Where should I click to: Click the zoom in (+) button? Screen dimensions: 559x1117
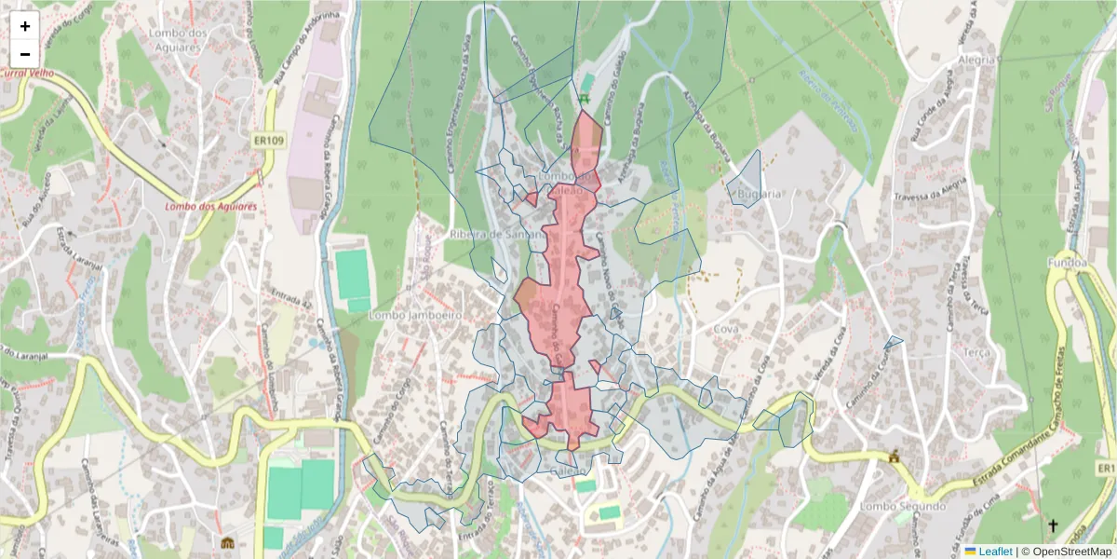coord(25,26)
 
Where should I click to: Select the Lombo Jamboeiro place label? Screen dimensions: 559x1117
coord(416,316)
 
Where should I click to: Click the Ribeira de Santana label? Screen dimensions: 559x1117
coord(498,235)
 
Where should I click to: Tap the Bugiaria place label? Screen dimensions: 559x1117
coord(757,194)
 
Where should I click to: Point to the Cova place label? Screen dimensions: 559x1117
coord(725,330)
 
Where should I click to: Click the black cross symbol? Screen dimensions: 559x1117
coord(1053,525)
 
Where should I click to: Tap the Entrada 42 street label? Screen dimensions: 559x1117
coord(290,297)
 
